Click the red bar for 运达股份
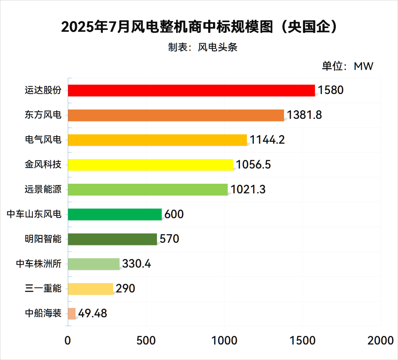[x=192, y=90]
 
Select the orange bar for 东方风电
[x=176, y=115]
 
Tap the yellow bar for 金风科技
[x=151, y=165]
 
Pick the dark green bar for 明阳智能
[x=112, y=239]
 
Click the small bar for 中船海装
[x=72, y=314]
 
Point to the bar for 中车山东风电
[x=115, y=214]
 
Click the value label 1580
[x=331, y=90]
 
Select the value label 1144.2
[x=267, y=140]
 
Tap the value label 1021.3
[x=248, y=190]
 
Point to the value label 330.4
[x=137, y=264]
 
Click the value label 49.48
[x=92, y=314]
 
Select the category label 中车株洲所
[x=38, y=264]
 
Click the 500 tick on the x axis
[x=146, y=340]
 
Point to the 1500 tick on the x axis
[x=303, y=340]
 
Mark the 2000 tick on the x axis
[x=380, y=340]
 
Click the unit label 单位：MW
[x=348, y=66]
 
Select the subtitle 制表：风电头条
[x=203, y=47]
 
